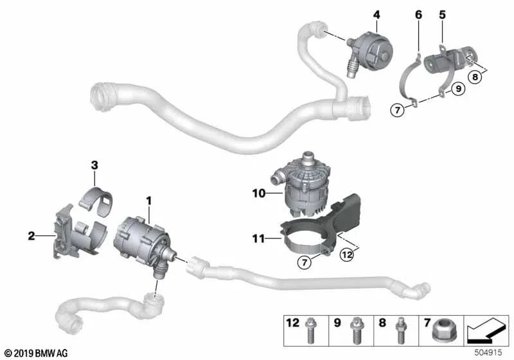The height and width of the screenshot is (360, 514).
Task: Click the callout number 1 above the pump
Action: click(149, 201)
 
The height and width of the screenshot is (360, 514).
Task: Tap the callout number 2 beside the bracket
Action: click(31, 237)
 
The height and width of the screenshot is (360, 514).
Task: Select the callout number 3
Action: click(94, 165)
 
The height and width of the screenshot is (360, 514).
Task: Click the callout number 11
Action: click(259, 239)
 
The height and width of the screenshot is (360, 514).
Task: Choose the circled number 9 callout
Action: click(456, 90)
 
